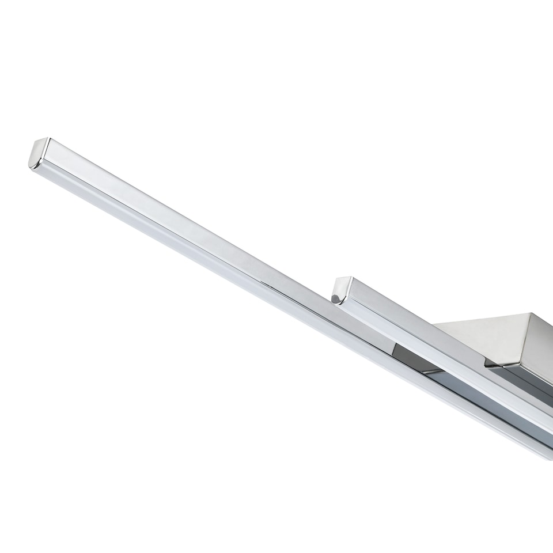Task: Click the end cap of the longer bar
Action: point(39,153)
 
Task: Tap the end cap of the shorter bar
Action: point(341,290)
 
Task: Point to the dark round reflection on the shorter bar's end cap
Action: point(335,298)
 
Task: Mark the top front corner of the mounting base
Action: point(531,314)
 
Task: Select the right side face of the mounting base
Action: point(541,346)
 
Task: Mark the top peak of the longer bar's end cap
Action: point(48,138)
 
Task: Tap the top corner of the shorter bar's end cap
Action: point(349,278)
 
